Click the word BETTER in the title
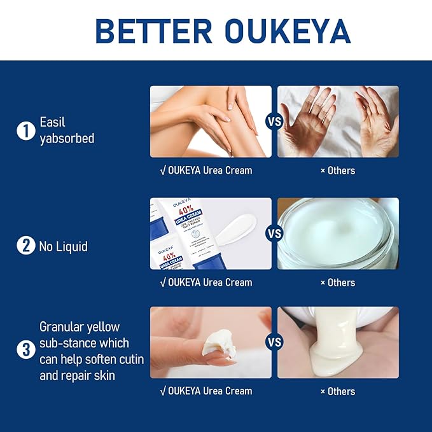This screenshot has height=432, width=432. click(151, 31)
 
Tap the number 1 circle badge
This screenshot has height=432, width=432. click(25, 130)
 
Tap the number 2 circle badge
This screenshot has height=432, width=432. click(25, 246)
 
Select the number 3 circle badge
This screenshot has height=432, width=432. click(25, 350)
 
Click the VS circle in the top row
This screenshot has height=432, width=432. click(274, 122)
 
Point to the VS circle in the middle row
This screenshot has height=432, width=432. click(274, 233)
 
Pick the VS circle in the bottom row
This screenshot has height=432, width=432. click(274, 342)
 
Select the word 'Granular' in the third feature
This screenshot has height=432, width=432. click(62, 327)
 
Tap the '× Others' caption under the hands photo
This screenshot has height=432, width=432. click(338, 171)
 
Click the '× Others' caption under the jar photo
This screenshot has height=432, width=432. click(338, 282)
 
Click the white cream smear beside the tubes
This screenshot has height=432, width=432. click(236, 230)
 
